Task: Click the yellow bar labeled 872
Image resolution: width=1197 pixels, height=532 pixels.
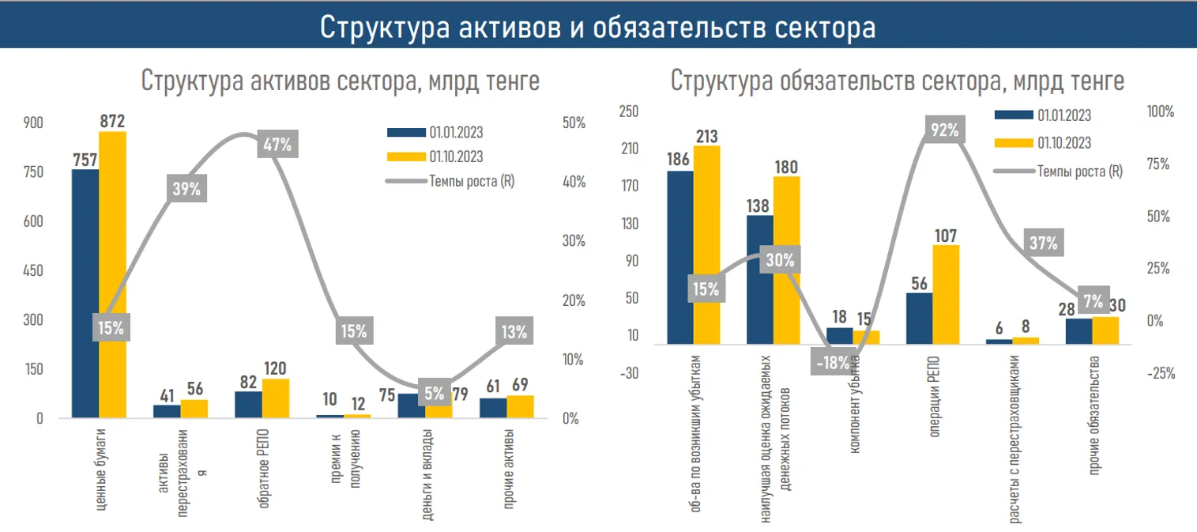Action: pyautogui.click(x=112, y=274)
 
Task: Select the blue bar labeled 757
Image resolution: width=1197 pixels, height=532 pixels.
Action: pyautogui.click(x=85, y=292)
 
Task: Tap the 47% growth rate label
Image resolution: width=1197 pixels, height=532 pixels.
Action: pyautogui.click(x=275, y=145)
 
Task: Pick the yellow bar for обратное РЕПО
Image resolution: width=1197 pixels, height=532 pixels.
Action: pyautogui.click(x=276, y=398)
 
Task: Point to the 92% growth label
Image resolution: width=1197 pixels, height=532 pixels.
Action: pyautogui.click(x=945, y=130)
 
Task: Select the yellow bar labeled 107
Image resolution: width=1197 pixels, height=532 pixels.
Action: pyautogui.click(x=946, y=294)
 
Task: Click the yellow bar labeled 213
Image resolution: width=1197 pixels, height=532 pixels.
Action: pyautogui.click(x=706, y=245)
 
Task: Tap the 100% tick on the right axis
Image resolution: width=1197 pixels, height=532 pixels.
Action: pyautogui.click(x=1160, y=112)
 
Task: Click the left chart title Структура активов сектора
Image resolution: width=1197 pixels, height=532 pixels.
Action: pyautogui.click(x=341, y=81)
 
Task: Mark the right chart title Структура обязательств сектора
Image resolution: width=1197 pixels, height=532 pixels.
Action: pyautogui.click(x=898, y=81)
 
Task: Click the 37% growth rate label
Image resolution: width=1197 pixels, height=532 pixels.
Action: pyautogui.click(x=1043, y=243)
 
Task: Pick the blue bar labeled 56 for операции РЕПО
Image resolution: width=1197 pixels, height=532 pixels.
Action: pyautogui.click(x=919, y=319)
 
